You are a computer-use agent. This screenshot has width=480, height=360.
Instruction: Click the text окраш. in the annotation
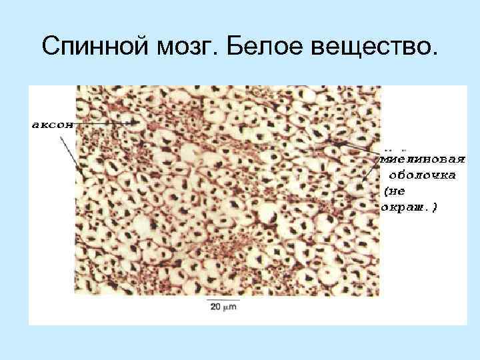click(x=406, y=207)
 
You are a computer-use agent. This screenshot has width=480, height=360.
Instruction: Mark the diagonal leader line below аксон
click(x=71, y=154)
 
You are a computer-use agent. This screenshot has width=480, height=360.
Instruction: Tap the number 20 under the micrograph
click(x=215, y=307)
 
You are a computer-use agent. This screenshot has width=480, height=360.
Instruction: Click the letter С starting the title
click(x=49, y=46)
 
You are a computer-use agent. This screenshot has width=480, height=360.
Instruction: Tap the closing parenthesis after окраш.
click(x=435, y=207)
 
